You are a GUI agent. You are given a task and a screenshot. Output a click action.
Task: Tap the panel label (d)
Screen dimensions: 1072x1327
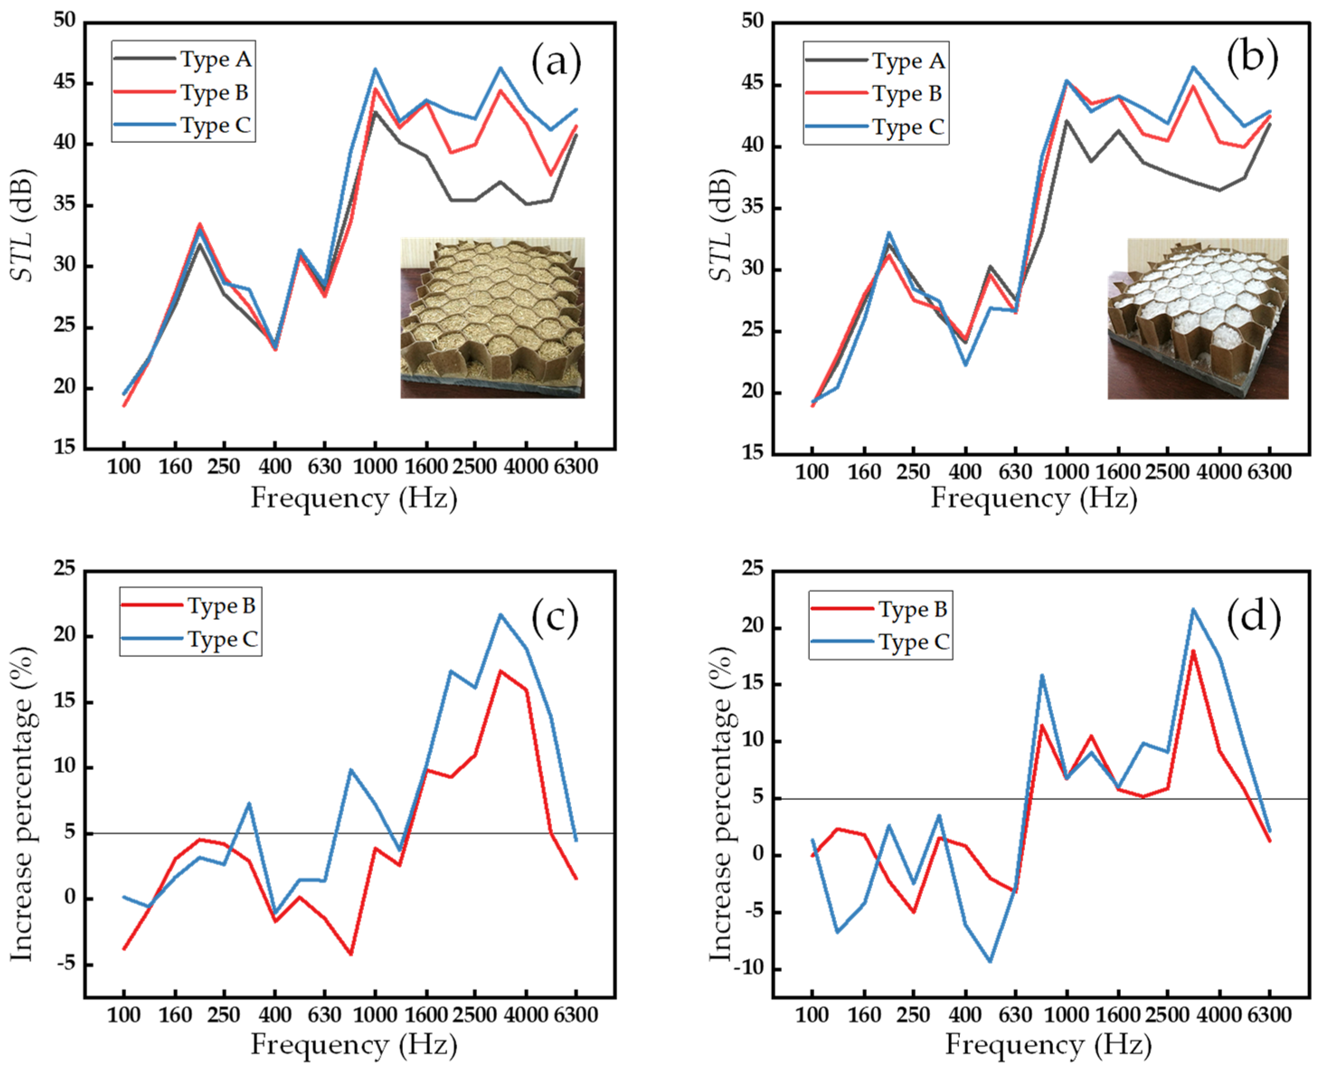(x=1253, y=618)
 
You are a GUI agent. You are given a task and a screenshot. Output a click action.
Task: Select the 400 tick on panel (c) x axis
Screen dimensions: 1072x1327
(x=275, y=1015)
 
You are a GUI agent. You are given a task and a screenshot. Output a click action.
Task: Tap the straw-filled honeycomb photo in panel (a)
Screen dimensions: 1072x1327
(x=492, y=317)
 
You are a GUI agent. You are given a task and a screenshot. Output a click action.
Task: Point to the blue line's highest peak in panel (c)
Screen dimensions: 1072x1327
(x=500, y=614)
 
